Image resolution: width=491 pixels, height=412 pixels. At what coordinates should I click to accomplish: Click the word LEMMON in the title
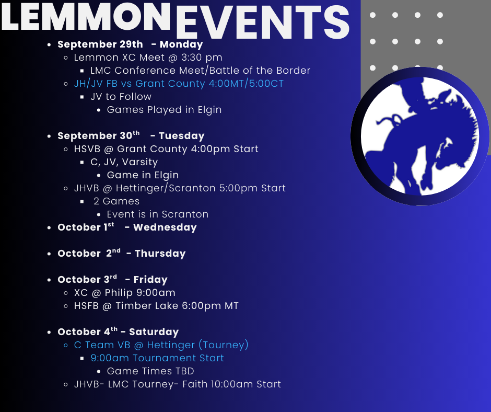86,16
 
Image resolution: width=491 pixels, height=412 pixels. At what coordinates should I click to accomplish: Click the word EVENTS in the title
262,22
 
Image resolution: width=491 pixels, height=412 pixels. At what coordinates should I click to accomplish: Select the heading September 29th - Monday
130,44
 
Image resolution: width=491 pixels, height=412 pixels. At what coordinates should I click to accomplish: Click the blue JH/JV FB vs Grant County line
179,84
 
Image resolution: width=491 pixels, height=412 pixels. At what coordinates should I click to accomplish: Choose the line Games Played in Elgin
164,110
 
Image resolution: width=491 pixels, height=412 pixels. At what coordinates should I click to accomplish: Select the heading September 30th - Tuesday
131,135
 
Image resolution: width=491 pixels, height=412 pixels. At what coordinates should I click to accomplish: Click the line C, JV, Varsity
124,162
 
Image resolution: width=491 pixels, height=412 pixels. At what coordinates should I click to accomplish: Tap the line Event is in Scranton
158,214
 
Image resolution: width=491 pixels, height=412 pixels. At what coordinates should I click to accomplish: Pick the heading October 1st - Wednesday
127,227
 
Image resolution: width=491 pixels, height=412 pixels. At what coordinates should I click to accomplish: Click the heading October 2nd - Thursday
122,254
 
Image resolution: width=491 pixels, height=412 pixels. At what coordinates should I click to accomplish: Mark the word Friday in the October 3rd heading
150,280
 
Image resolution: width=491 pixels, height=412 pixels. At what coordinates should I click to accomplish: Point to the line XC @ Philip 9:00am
125,293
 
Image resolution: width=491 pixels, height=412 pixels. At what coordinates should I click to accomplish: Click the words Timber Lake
147,306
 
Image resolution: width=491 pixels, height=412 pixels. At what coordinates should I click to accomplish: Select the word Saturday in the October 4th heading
154,331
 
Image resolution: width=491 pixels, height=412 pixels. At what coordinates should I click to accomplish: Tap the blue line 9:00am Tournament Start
157,358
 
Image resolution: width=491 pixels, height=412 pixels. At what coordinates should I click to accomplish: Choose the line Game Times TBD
150,371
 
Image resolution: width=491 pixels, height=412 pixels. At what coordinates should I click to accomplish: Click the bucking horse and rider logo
420,136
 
